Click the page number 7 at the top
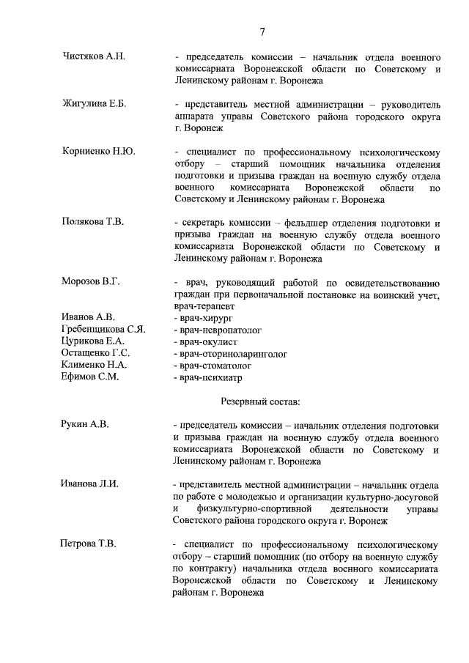(x=262, y=30)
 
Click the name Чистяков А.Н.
(x=95, y=56)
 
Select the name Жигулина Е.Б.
(x=95, y=103)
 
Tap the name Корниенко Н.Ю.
(x=99, y=151)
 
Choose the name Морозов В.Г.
(x=91, y=281)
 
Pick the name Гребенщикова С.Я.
(x=103, y=329)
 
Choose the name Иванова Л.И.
(x=89, y=484)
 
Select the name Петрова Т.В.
(x=88, y=544)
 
